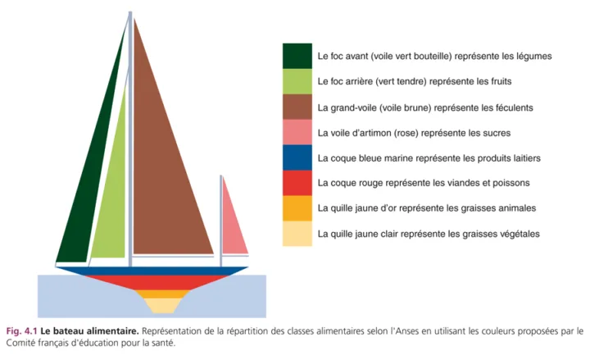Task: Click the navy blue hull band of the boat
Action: [x=152, y=271]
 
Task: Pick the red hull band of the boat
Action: [x=152, y=282]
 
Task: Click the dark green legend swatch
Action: [x=297, y=57]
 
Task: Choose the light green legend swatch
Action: [x=297, y=82]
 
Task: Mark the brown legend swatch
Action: [x=297, y=107]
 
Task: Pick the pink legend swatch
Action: [x=297, y=133]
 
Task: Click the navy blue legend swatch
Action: [x=297, y=158]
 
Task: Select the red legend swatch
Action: [x=297, y=183]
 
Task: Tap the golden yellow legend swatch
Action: [x=297, y=208]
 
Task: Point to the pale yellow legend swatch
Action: [x=297, y=234]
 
